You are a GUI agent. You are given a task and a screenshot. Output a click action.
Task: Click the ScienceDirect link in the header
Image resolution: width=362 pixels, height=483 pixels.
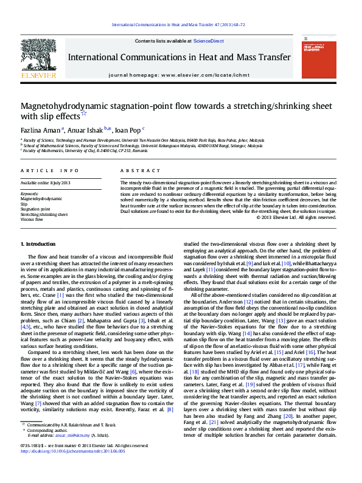(x=208, y=41)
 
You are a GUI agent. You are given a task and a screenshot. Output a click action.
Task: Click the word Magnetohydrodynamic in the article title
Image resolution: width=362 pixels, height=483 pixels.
(x=60, y=106)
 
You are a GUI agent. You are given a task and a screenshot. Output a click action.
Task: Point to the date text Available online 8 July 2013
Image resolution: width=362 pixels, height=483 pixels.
(x=46, y=182)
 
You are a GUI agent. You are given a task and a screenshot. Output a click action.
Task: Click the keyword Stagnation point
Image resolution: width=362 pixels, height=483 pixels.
(x=35, y=209)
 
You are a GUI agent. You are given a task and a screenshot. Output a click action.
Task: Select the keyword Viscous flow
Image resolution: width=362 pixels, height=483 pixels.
(x=32, y=219)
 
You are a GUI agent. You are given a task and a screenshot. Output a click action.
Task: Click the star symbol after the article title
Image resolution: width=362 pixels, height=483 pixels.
(x=84, y=114)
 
